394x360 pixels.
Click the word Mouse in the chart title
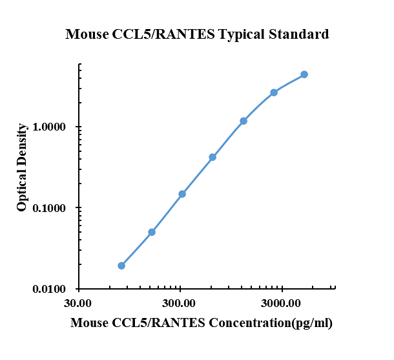[85, 34]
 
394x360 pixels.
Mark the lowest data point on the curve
[121, 266]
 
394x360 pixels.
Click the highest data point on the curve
[304, 74]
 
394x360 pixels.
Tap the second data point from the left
[152, 232]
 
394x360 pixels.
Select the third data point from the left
[182, 194]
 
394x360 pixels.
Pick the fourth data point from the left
[213, 157]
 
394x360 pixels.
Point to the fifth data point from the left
[244, 121]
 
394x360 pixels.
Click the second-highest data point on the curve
[274, 92]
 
